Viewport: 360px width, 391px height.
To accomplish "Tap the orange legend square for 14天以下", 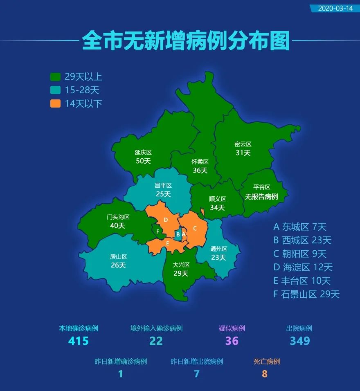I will coord(55,103).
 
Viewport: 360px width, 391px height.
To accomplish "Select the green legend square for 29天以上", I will coord(55,76).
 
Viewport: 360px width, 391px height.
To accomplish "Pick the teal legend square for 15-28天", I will coord(55,90).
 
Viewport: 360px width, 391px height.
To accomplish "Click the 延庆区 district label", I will coord(143,152).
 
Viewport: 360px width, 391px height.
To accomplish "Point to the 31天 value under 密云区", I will coord(243,153).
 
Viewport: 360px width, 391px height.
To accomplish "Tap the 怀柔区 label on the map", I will coord(200,162).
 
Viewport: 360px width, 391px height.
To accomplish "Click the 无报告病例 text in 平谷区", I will coord(261,197).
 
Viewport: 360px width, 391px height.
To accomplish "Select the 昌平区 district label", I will coord(163,185).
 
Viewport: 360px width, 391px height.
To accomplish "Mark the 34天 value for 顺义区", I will coord(217,207).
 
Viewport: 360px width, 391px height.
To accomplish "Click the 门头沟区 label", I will coord(118,217).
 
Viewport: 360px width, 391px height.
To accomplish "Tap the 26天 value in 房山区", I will coord(118,265).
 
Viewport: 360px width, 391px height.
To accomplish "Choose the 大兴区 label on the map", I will coord(181,265).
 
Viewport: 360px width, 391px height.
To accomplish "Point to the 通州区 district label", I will coord(218,249).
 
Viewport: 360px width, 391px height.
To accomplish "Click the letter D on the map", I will coord(166,220).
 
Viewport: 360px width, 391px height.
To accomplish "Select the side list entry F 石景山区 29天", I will coord(306,294).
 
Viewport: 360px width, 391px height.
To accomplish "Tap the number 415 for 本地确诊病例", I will coord(79,341).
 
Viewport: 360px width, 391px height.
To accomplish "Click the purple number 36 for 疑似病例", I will coord(232,341).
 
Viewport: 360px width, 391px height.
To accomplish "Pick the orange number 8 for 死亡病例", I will coord(265,374).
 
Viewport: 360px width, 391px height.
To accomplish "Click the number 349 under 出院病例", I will coord(300,341).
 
